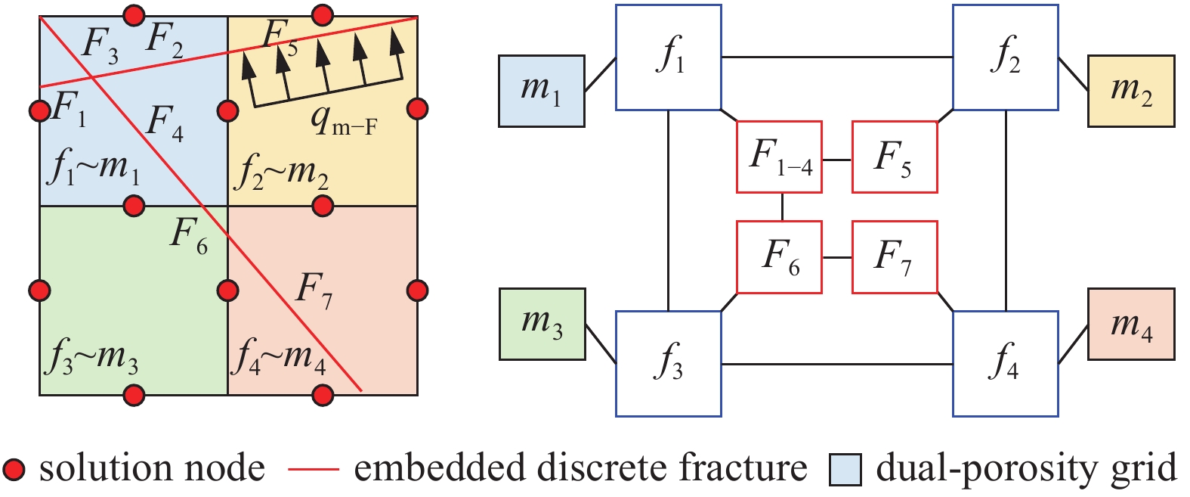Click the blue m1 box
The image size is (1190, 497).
[541, 91]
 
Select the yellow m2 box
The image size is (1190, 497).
[1131, 91]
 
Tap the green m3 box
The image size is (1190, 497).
[542, 324]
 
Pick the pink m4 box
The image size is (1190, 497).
[1131, 324]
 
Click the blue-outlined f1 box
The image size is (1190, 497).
[669, 57]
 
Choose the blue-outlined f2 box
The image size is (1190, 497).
[1005, 57]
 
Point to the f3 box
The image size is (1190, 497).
[669, 363]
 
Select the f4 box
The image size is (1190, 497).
[1005, 363]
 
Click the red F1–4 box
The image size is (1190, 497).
[780, 157]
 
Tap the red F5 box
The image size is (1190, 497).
[895, 157]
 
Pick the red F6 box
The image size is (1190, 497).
[780, 257]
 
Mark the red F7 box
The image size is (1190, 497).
[895, 257]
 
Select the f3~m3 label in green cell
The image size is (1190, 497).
[92, 356]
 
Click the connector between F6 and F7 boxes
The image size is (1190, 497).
[837, 258]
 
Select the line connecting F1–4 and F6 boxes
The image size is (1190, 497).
[782, 207]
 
